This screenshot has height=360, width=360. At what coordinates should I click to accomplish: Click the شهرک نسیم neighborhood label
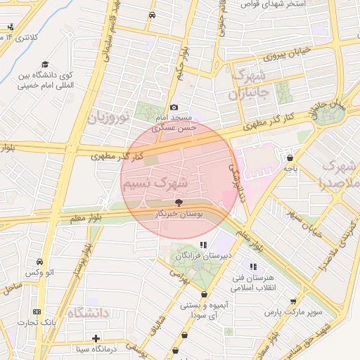coord(155,183)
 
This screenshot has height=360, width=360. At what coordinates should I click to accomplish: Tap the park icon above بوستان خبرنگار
coord(178,202)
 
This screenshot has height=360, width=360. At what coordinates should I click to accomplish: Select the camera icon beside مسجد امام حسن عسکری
coord(174,107)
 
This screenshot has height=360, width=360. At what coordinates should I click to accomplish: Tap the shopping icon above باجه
coord(290,157)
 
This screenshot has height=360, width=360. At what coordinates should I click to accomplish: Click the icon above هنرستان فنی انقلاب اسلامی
coord(253,267)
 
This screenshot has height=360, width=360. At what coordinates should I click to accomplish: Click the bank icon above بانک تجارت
coord(37,312)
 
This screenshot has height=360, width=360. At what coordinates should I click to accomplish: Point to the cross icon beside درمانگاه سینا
coord(96,338)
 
